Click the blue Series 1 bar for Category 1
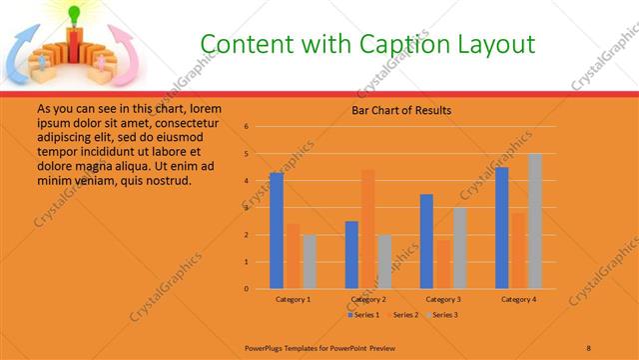[277, 231]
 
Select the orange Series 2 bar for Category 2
[367, 229]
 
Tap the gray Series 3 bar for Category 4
[534, 221]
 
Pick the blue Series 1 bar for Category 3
[426, 241]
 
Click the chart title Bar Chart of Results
[401, 110]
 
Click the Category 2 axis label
[367, 299]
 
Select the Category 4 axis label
[517, 299]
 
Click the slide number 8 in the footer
[589, 346]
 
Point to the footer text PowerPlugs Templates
[289, 346]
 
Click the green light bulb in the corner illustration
[73, 13]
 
